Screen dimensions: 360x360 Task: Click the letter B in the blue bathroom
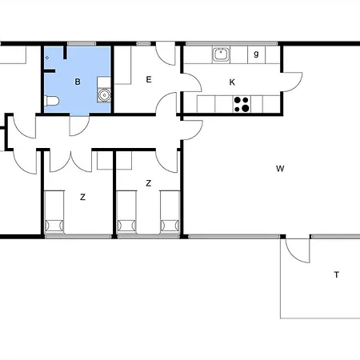78,82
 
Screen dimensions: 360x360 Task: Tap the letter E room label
149,79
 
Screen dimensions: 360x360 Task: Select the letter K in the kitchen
232,82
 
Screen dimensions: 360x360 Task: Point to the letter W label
280,169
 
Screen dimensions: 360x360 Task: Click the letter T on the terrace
337,274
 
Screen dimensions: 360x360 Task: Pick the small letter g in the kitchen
256,54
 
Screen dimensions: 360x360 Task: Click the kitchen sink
221,54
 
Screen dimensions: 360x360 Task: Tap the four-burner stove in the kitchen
242,104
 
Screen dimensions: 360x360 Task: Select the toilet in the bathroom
52,101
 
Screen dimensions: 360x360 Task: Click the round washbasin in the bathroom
104,95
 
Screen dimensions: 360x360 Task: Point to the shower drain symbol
47,58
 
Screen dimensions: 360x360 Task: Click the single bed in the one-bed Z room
54,212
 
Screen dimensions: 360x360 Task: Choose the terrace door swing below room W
298,250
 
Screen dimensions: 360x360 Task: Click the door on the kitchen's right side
292,82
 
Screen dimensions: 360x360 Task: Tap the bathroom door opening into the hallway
79,126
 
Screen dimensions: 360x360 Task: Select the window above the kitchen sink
232,43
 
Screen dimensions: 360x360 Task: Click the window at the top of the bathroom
82,43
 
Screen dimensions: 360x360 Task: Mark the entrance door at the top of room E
166,54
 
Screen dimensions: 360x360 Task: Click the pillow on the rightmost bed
170,226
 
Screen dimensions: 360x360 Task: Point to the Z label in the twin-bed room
149,183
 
